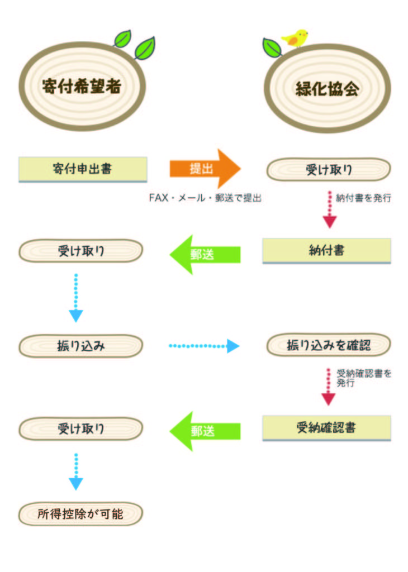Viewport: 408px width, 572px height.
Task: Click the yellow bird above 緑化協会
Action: [295, 38]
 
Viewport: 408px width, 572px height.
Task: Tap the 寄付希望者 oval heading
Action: [82, 86]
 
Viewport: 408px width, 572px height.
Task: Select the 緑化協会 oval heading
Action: [327, 88]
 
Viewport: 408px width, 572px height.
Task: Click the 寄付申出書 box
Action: [83, 169]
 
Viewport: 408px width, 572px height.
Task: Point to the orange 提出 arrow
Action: [205, 169]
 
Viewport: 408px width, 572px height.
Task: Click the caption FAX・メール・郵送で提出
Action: [205, 198]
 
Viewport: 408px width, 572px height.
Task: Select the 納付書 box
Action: [326, 251]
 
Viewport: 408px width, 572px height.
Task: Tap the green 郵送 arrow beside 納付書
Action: [205, 254]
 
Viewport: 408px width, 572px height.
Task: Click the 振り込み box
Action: [80, 346]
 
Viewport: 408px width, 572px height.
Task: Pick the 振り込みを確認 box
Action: [329, 345]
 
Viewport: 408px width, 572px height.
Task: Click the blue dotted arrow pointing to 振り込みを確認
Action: [204, 346]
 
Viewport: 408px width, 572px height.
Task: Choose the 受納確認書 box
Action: [326, 428]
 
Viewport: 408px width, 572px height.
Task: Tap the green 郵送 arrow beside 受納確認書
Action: [205, 431]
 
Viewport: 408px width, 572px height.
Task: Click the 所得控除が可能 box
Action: [80, 514]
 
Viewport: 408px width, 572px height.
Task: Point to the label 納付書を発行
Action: [363, 198]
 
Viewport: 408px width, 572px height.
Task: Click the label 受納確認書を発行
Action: [363, 378]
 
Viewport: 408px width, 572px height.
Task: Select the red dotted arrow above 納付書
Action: [330, 209]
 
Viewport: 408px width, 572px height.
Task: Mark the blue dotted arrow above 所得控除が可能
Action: [76, 471]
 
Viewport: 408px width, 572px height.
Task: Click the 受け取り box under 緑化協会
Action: [329, 169]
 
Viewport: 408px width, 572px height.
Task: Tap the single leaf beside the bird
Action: [272, 47]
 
